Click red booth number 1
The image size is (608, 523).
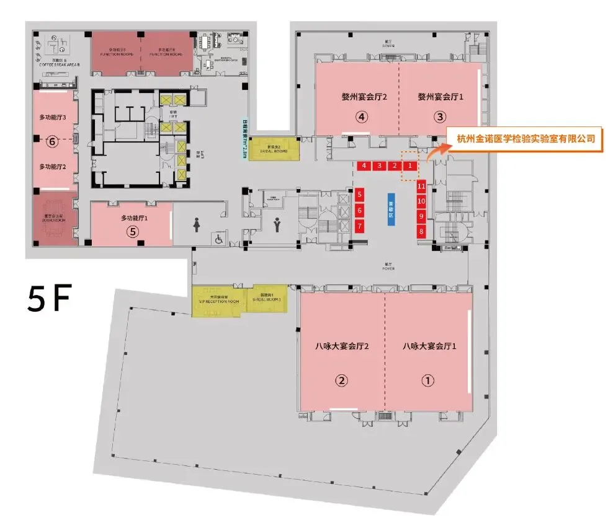(x=409, y=165)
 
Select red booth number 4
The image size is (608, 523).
(x=364, y=165)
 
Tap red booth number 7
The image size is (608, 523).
(x=359, y=227)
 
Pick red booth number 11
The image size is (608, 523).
(x=421, y=186)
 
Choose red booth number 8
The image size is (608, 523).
(x=421, y=232)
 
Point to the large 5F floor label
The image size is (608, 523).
(x=48, y=299)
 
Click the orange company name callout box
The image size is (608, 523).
(x=525, y=139)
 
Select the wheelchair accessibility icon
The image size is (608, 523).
(x=218, y=239)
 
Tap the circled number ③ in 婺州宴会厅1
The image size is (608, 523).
(x=440, y=116)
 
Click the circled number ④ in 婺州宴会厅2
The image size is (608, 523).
(x=362, y=116)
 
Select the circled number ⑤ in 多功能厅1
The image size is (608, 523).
(x=131, y=232)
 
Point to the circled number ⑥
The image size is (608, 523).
(x=53, y=141)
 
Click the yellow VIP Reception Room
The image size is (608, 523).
(x=219, y=299)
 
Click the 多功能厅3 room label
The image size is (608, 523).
(x=53, y=116)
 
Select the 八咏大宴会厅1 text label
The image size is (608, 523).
(x=429, y=347)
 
